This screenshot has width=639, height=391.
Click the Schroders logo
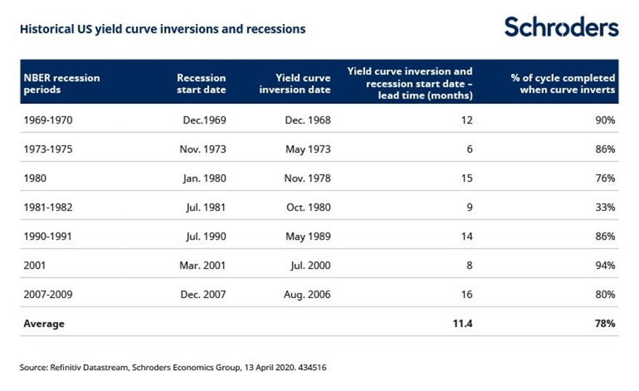click(561, 28)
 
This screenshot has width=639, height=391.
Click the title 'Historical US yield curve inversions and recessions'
click(162, 30)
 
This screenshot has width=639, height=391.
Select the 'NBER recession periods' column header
click(61, 84)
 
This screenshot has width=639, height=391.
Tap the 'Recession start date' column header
click(201, 84)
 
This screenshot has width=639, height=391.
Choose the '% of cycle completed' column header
click(563, 84)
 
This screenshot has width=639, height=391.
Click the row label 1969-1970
click(49, 120)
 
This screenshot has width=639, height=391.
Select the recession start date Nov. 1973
click(204, 149)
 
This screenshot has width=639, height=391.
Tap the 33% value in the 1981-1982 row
click(605, 207)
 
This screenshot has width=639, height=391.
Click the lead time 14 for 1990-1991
click(466, 236)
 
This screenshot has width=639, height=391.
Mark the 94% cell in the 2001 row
click(605, 265)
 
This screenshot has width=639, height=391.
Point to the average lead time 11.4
click(463, 323)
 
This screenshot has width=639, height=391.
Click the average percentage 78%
click(605, 323)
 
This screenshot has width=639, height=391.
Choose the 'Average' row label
click(44, 323)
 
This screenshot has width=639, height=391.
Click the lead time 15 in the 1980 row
click(466, 178)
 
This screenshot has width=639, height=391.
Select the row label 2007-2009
click(49, 294)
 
